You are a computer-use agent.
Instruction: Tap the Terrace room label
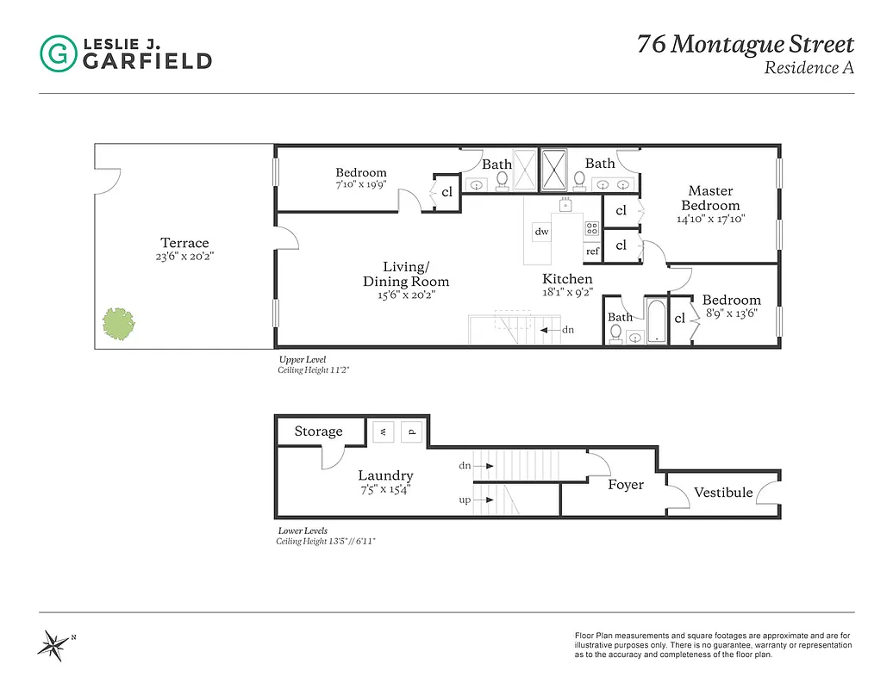pos(184,243)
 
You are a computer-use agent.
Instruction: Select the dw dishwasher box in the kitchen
pos(541,231)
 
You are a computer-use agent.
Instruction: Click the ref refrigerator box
pos(592,251)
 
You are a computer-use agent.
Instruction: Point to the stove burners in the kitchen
pos(592,229)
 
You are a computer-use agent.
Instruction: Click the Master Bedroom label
pos(710,198)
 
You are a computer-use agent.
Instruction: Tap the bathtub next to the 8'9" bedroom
pos(656,322)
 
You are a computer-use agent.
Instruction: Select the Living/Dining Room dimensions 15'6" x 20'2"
pos(405,295)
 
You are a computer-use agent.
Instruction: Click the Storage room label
pos(318,431)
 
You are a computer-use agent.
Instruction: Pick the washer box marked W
pos(381,431)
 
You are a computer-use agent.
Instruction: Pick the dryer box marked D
pos(412,431)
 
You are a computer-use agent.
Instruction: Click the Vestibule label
pos(723,493)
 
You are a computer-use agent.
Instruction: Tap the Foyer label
pos(626,485)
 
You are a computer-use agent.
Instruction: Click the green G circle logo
pos(58,53)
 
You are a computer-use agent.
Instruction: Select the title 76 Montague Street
pos(746,44)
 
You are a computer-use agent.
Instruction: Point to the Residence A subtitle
pos(809,67)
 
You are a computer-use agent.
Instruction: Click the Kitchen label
pos(567,279)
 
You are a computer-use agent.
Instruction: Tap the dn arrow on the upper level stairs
pos(556,330)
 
